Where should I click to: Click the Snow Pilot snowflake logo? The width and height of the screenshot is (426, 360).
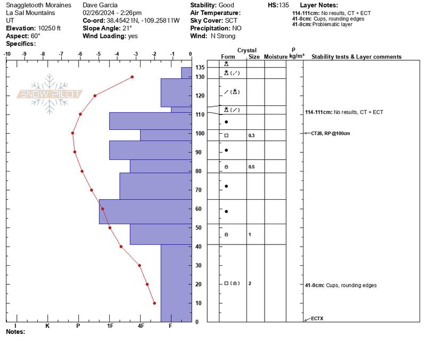(x=50, y=94)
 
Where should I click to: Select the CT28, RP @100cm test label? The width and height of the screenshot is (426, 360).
(x=330, y=133)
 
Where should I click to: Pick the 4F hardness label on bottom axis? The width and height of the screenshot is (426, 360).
(x=141, y=325)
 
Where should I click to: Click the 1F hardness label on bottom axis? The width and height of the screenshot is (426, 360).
(x=110, y=325)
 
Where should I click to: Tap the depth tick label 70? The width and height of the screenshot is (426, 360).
(x=198, y=190)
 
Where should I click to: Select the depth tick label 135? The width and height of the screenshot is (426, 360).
(x=199, y=68)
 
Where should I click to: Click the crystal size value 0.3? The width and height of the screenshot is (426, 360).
(x=251, y=136)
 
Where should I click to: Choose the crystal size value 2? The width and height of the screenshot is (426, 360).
(x=249, y=283)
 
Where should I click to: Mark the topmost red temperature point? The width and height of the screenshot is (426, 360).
(x=132, y=77)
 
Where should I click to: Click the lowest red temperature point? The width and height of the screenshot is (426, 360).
(x=154, y=303)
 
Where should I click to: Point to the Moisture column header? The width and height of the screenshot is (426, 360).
(x=275, y=56)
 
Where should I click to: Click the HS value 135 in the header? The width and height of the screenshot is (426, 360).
(x=284, y=5)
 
